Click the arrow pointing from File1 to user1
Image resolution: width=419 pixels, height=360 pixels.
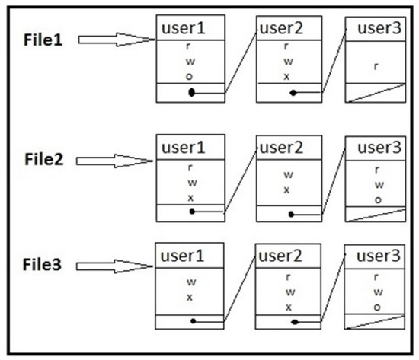click(x=115, y=37)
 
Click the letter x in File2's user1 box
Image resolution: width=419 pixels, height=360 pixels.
click(x=191, y=196)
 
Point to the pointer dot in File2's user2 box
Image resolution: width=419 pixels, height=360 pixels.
click(x=290, y=214)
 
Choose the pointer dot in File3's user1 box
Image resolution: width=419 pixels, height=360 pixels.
click(x=192, y=320)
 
